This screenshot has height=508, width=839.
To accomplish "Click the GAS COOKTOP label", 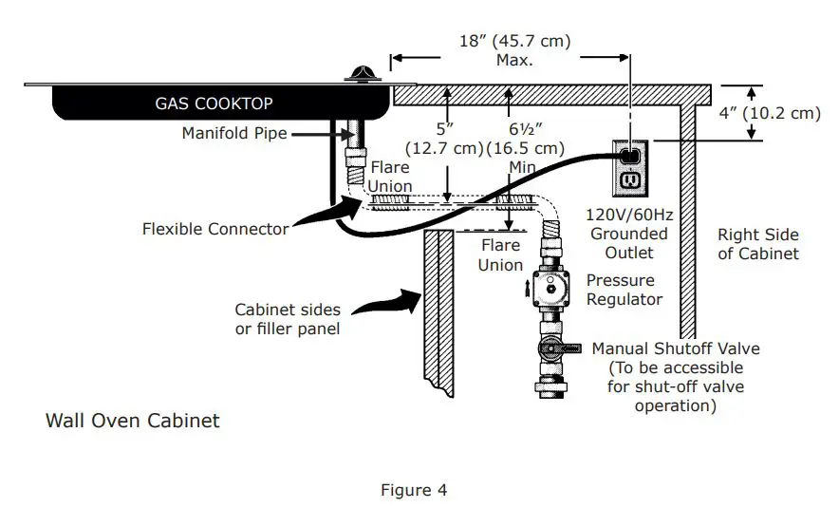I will pos(213,103).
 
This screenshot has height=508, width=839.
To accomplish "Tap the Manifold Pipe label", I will pos(233,134).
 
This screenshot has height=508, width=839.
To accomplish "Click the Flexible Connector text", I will pos(215,228).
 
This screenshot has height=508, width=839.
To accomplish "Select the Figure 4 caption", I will pos(414,490).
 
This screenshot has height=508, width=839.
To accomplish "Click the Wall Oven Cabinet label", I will pos(133,420).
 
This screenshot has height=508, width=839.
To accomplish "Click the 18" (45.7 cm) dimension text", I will pos(513,42).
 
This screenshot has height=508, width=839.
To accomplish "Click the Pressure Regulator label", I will pos(621,290).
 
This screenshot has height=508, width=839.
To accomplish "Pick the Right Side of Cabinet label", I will pos(757,244).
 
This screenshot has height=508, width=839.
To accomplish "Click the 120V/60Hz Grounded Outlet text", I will pos(628,234).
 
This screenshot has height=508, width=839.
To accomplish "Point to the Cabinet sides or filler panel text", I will pos(288,319).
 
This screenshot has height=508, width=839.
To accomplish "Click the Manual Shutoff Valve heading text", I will pos(676,348).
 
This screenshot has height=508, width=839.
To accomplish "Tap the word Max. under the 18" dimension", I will pos(514,60).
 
